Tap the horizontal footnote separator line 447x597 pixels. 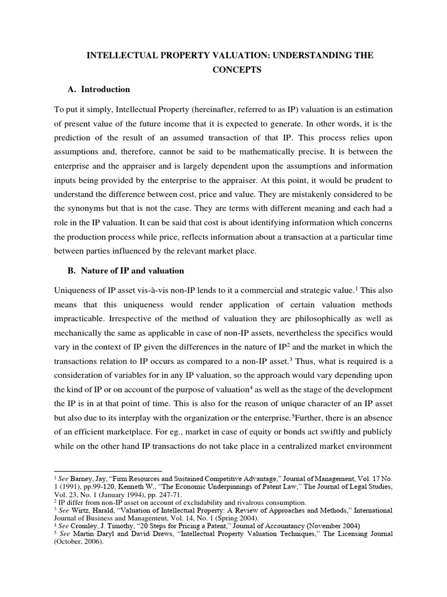(108, 471)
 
